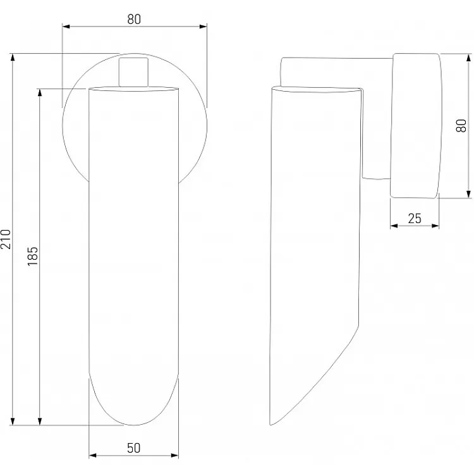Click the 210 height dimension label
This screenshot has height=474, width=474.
coord(6,239)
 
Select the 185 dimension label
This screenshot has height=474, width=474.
coord(33,256)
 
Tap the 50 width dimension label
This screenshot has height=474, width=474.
coord(133,448)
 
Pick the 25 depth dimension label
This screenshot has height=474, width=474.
coord(415,219)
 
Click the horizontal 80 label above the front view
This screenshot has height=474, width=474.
coord(134,20)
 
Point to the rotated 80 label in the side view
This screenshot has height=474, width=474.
coord(461,126)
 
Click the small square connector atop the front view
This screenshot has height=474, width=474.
coord(133,72)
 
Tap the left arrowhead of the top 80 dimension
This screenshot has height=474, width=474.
coord(66,27)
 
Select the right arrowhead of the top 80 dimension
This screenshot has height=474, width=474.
coord(203,27)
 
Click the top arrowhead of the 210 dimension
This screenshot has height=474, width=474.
coord(13,58)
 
